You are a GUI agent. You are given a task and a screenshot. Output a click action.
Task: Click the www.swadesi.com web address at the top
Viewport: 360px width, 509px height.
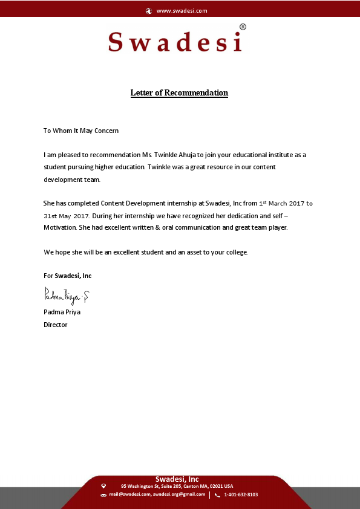tap(182, 11)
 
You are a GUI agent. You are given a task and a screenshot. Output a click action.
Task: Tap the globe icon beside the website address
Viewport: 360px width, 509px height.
tap(149, 11)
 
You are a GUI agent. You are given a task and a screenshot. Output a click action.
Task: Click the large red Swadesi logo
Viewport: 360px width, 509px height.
tap(175, 42)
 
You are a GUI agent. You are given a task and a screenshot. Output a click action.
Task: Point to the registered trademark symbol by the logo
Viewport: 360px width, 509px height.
tap(243, 27)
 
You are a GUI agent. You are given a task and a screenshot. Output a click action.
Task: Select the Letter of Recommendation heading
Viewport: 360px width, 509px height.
tap(179, 93)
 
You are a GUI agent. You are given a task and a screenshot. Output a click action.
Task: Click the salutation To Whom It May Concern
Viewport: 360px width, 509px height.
tap(81, 131)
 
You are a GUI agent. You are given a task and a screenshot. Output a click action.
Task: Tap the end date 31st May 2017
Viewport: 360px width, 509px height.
tap(67, 216)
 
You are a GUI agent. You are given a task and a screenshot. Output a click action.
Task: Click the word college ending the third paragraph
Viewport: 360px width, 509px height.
tap(235, 251)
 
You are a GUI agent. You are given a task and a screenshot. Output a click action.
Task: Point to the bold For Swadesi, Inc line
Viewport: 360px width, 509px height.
tap(68, 276)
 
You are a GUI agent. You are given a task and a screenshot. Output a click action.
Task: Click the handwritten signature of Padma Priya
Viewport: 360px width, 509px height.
tap(67, 296)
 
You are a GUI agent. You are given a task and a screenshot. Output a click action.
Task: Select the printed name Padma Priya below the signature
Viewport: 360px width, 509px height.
tap(62, 313)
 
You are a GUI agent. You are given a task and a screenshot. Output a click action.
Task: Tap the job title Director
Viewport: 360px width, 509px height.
tap(56, 325)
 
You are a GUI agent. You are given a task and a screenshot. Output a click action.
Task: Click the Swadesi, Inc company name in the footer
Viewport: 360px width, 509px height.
tap(177, 479)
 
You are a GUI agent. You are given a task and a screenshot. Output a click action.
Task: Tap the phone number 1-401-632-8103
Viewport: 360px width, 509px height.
tap(241, 494)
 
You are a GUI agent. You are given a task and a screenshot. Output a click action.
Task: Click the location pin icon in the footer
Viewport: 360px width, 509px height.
tap(103, 485)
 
